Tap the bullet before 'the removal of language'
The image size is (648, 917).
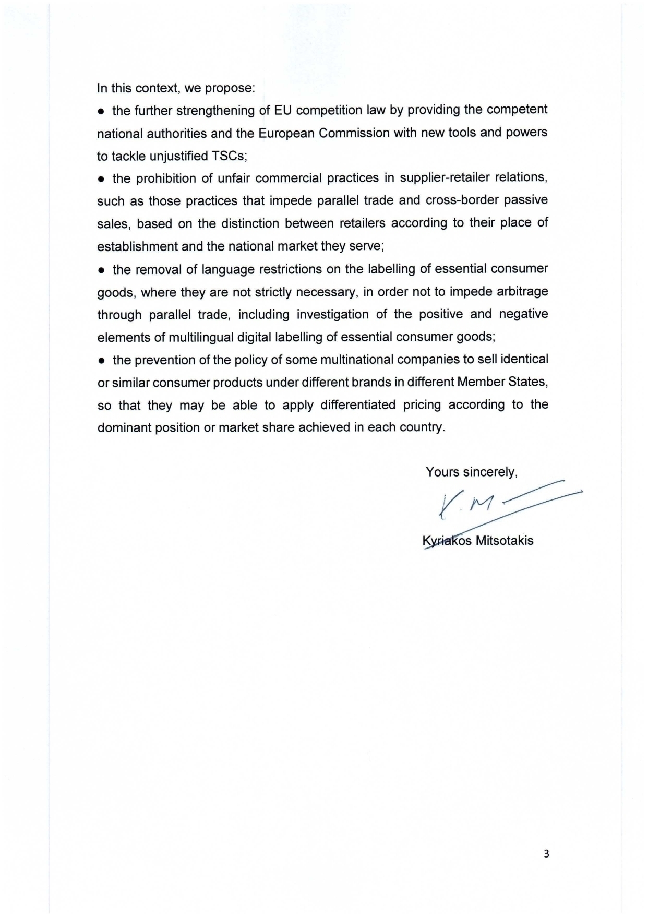102,270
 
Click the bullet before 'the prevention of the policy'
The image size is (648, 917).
102,361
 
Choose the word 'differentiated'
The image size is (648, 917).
357,405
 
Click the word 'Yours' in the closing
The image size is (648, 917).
442,472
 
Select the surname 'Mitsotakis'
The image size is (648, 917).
504,541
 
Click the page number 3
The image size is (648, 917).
546,854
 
